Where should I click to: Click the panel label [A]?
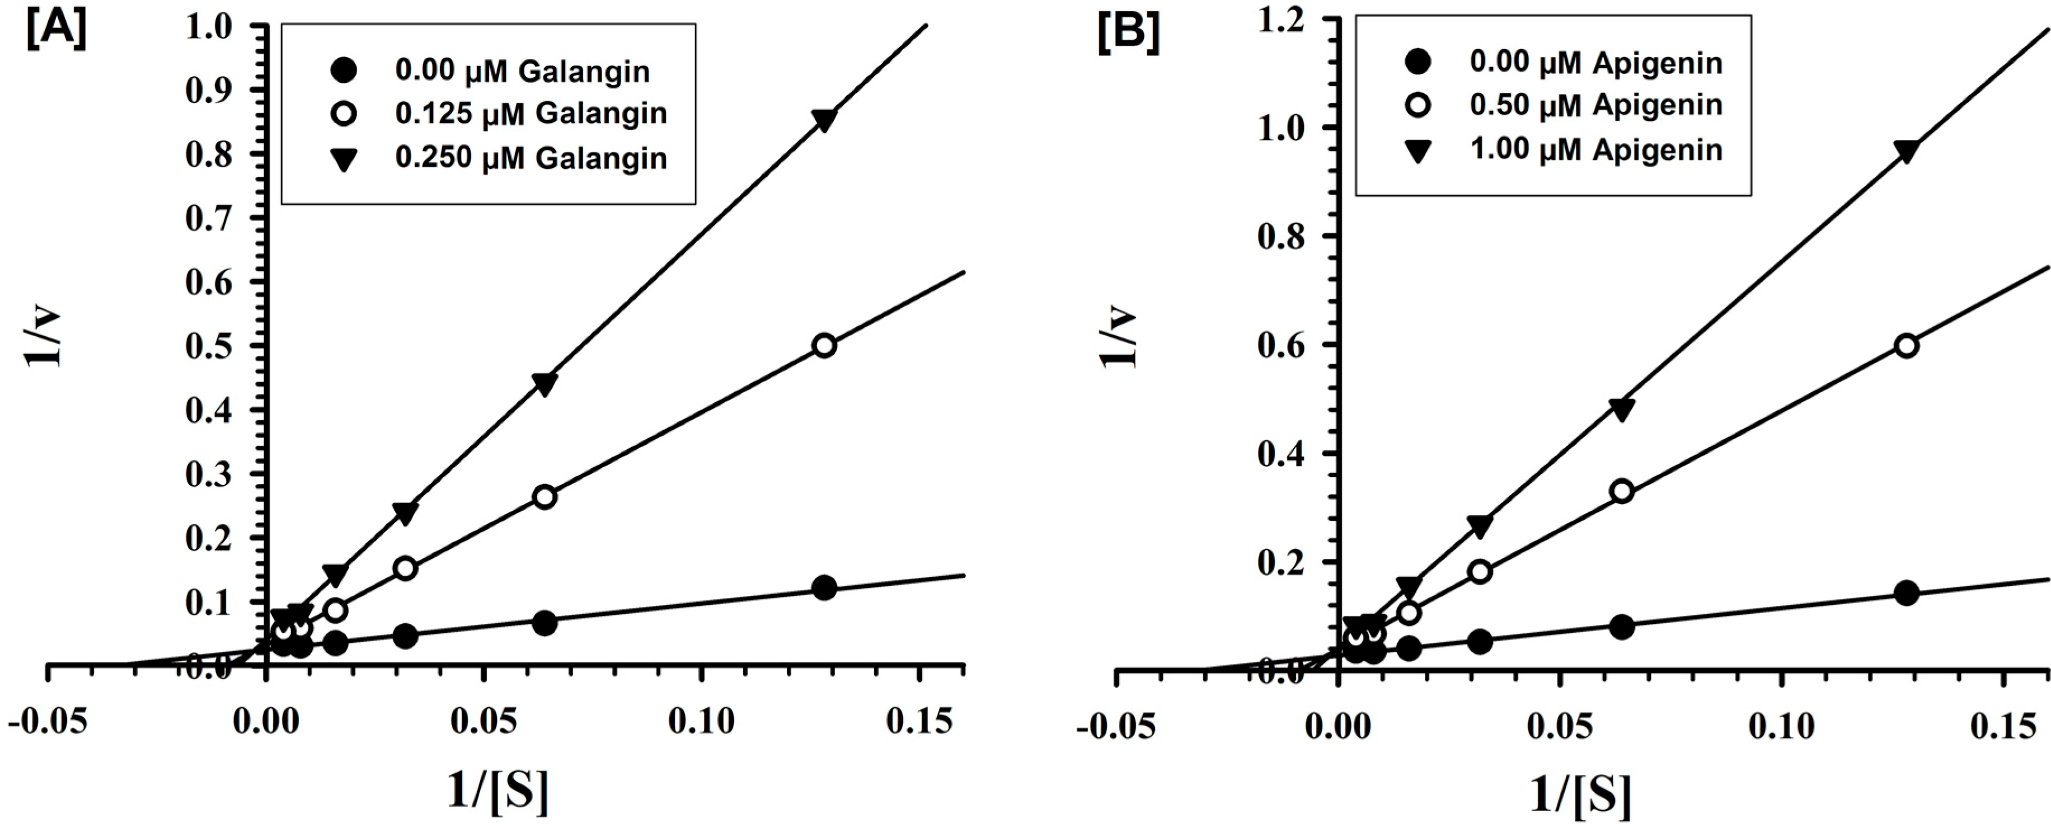click(57, 31)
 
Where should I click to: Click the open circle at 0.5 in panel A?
click(825, 346)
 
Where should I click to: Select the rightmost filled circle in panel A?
click(825, 589)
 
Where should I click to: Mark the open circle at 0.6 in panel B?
click(1906, 346)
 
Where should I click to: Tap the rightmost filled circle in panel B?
click(1906, 593)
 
